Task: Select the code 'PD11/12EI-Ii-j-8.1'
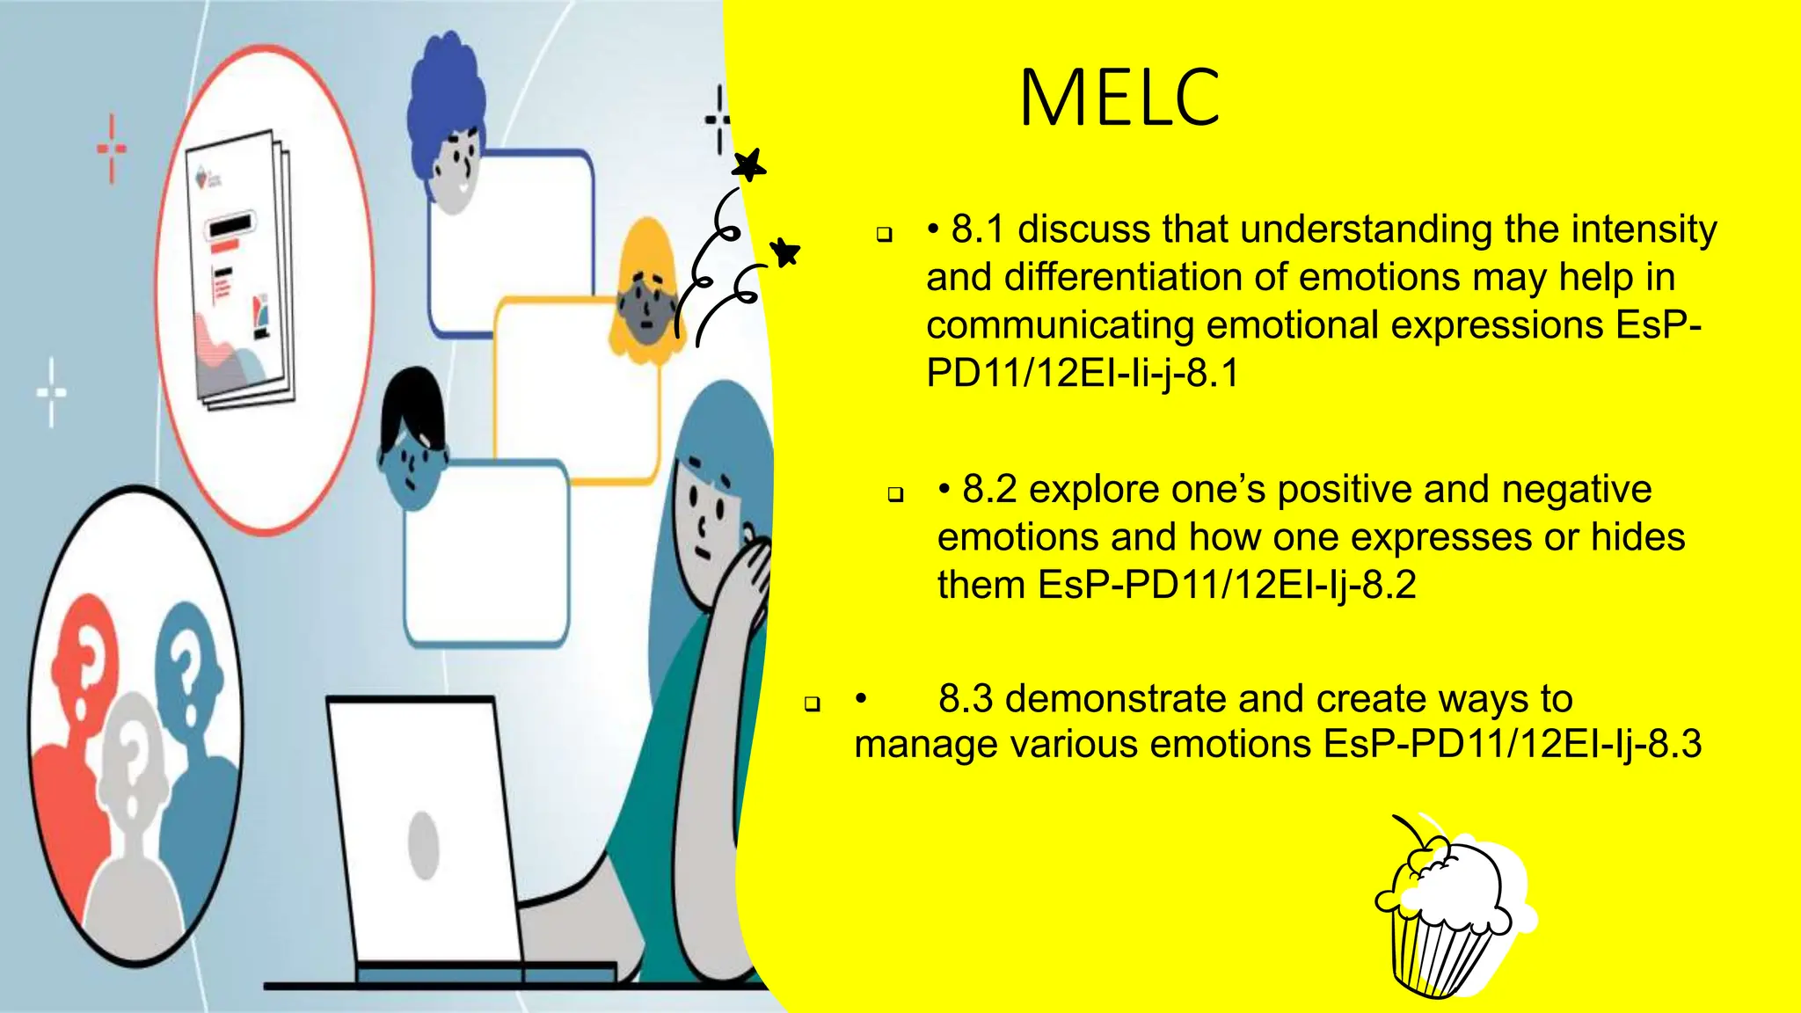[1083, 373]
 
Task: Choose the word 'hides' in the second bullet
[1637, 537]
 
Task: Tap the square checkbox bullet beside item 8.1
[884, 235]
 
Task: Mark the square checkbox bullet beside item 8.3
[812, 703]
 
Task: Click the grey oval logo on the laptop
[424, 844]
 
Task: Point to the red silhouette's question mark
[88, 660]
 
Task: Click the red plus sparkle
[112, 148]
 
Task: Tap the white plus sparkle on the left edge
[51, 392]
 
